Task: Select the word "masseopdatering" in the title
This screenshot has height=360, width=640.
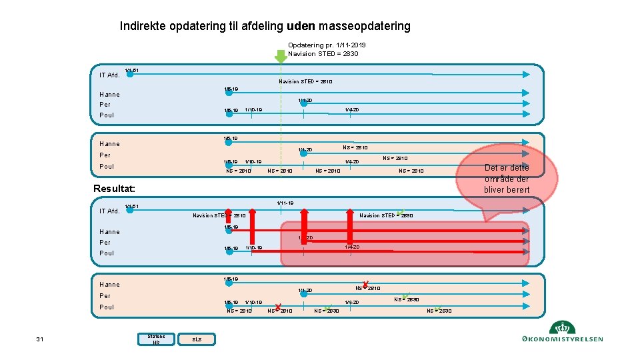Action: pos(365,27)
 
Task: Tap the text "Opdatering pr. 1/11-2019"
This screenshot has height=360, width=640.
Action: pos(327,45)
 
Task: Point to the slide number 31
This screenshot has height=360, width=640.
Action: pos(40,340)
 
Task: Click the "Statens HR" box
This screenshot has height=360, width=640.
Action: pos(156,339)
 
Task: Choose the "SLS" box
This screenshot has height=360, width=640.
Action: pos(197,339)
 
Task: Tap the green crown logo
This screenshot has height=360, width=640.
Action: pos(562,327)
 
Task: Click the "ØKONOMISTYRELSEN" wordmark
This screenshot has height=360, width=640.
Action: pos(564,339)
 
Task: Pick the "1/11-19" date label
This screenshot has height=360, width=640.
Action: pos(285,203)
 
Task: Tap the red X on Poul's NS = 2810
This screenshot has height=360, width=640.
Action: pos(277,307)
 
